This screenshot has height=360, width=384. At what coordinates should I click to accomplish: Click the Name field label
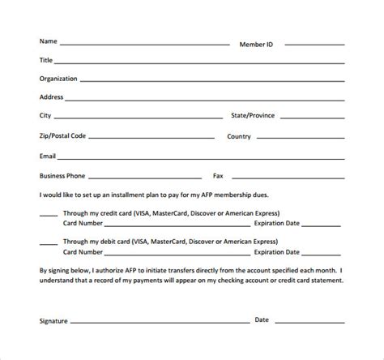48,41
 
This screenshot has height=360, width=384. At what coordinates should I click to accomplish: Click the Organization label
58,79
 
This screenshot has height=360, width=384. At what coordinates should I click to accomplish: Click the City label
45,116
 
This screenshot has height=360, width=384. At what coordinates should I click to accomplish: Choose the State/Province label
253,116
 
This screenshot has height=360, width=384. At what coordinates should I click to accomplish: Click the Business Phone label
62,175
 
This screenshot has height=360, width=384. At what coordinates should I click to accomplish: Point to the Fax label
218,175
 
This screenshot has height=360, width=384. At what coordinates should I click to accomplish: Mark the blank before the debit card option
48,243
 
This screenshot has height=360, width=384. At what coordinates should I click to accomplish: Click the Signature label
53,321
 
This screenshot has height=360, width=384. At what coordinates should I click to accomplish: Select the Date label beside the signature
262,320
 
